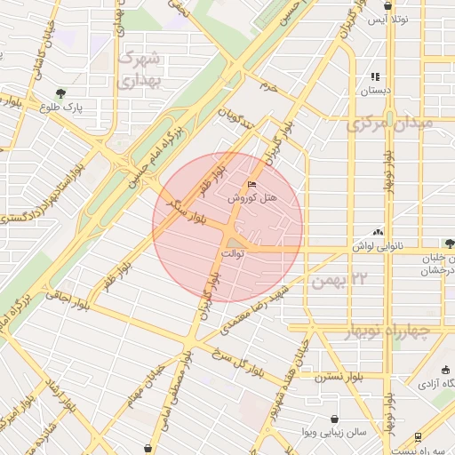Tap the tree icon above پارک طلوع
click(60, 92)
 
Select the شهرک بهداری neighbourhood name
click(140, 70)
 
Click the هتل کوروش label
click(257, 197)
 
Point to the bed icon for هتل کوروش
click(252, 184)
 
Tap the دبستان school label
click(375, 91)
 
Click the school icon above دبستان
click(375, 76)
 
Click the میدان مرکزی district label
click(392, 122)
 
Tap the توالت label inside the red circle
click(232, 254)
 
